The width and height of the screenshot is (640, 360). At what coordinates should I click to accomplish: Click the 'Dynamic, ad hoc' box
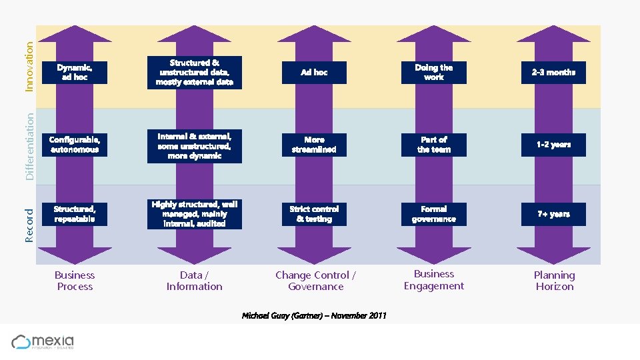pos(75,73)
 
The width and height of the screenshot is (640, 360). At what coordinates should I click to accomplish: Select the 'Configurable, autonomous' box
pos(75,145)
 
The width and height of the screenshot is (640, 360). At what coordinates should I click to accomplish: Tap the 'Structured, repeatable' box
pos(75,214)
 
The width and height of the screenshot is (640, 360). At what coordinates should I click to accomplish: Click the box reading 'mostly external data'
pos(195,73)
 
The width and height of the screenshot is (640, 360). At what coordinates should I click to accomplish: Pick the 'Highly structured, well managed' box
pos(195,214)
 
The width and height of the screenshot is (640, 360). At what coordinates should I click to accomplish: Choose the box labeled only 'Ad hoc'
pos(314,73)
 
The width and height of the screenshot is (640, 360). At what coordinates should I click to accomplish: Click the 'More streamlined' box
pos(314,145)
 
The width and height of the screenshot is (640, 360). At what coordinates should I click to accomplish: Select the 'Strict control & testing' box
pos(314,214)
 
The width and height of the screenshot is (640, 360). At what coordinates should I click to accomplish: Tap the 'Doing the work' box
pos(434,73)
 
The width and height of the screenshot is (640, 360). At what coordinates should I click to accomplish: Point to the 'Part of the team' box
pos(434,145)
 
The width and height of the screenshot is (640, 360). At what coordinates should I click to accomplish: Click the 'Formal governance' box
pos(434,214)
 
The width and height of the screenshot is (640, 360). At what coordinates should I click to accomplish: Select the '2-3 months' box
pos(553,73)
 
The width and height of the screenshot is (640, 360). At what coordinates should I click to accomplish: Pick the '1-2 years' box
pos(553,145)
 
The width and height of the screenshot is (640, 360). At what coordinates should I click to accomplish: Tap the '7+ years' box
pos(553,214)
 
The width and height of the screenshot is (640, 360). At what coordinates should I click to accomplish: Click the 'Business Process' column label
pos(75,281)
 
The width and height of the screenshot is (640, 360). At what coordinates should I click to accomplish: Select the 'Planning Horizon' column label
pos(554,281)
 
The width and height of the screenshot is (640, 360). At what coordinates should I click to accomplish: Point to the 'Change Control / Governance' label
pos(315,281)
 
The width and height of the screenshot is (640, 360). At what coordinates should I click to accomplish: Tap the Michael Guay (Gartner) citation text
pos(314,315)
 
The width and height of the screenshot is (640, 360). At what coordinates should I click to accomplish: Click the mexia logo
pos(43,342)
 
